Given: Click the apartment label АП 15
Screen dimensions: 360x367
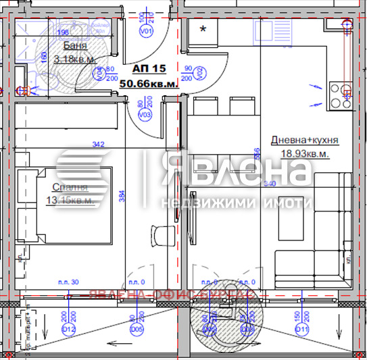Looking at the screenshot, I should pyautogui.click(x=149, y=69).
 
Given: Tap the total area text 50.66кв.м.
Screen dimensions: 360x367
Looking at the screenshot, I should pyautogui.click(x=149, y=83).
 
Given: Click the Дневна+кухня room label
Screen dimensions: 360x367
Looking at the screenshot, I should pyautogui.click(x=304, y=140).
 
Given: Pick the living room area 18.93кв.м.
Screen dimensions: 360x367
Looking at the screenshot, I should pyautogui.click(x=305, y=153).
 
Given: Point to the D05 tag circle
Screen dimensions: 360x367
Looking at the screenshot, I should pyautogui.click(x=138, y=329).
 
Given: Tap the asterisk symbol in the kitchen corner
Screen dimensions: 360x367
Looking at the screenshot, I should pyautogui.click(x=203, y=29).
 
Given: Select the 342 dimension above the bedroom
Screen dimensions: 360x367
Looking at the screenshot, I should pyautogui.click(x=99, y=144).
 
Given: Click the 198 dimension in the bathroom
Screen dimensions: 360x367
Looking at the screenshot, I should pyautogui.click(x=64, y=32).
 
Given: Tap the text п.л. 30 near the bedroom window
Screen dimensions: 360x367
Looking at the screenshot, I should pyautogui.click(x=68, y=282).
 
